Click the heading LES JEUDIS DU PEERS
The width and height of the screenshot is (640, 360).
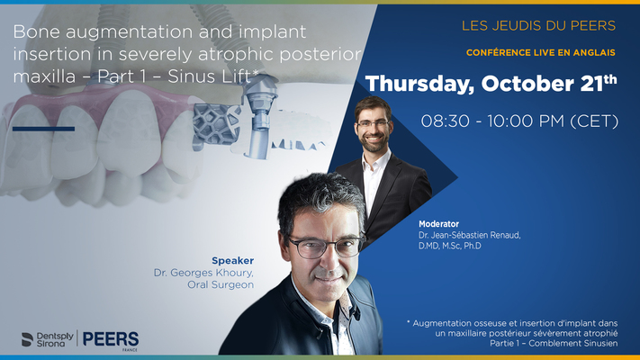point(538,26)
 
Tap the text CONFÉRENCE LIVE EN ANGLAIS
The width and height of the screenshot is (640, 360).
point(541,53)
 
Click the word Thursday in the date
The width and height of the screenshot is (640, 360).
point(420,84)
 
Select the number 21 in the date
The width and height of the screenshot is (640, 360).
point(592,84)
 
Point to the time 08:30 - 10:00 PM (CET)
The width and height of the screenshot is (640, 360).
point(519,121)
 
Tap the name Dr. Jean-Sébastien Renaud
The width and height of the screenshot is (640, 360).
point(469,235)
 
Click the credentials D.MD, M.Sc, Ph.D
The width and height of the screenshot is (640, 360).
point(450,246)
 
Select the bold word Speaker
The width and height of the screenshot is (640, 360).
point(232,260)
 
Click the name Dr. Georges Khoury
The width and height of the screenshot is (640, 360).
point(203,273)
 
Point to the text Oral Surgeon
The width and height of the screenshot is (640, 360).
point(221,284)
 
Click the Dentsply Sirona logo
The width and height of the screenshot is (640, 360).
point(48,339)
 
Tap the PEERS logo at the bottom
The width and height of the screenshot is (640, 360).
point(111,339)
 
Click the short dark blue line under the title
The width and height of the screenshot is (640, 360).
point(44,129)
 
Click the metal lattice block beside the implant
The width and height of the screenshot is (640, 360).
point(215,123)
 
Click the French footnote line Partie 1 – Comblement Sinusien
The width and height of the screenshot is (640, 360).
point(554,343)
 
